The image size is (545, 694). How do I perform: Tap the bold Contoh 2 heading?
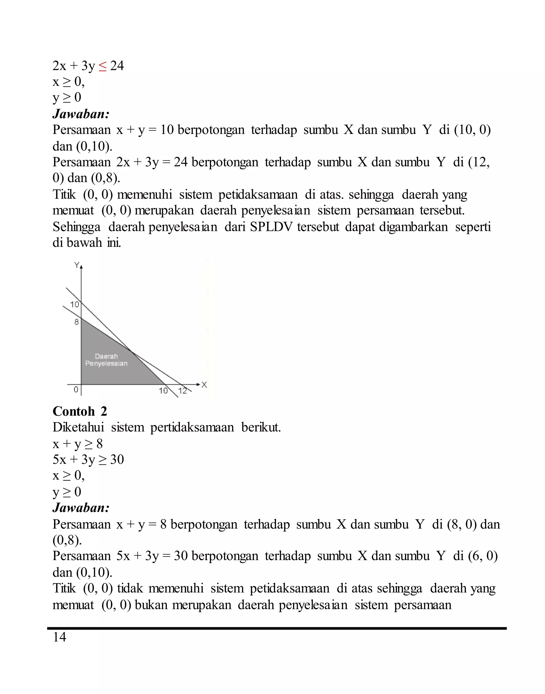80,411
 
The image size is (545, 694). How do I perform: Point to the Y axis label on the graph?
77,265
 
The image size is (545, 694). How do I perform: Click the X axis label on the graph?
204,385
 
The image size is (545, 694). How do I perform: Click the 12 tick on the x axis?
183,391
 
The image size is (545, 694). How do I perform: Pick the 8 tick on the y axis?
77,322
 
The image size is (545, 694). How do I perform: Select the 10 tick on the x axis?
163,391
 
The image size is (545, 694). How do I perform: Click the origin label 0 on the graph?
76,390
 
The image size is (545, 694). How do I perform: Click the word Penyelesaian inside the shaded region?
106,364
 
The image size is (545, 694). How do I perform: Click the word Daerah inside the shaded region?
106,356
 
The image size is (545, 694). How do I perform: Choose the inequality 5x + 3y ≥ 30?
88,460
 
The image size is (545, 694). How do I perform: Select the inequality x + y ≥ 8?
77,444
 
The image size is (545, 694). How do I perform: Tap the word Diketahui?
79,427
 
